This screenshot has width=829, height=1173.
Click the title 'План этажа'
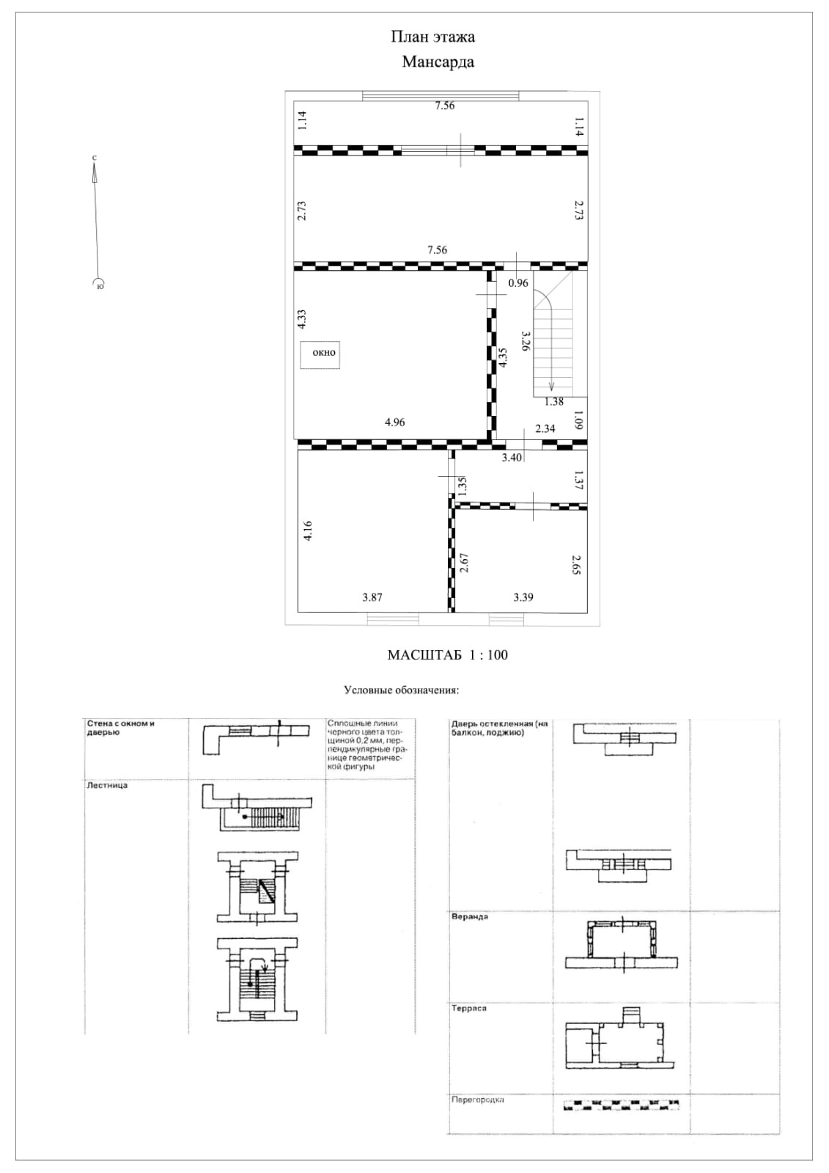[432, 37]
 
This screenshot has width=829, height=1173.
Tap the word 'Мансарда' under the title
[438, 62]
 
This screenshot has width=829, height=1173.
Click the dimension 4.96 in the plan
[394, 423]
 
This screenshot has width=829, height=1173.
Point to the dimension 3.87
[372, 597]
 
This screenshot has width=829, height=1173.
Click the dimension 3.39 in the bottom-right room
[523, 597]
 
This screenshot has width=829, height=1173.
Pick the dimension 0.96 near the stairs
[518, 283]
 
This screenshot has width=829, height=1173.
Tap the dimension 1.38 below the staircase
[554, 401]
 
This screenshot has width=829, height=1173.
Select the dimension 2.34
[545, 428]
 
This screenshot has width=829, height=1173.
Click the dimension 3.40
[511, 458]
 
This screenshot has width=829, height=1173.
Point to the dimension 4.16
[309, 530]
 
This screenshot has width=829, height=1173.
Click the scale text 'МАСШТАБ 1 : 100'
[447, 655]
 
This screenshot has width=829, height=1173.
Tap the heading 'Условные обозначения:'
[401, 690]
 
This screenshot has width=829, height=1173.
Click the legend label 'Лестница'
[107, 786]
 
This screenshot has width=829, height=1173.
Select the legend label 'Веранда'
[470, 917]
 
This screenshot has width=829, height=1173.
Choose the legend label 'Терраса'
[469, 1009]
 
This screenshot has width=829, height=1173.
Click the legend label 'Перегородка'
[478, 1100]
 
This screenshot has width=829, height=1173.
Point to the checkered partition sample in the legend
[622, 1104]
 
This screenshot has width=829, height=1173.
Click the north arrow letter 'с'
[95, 158]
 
